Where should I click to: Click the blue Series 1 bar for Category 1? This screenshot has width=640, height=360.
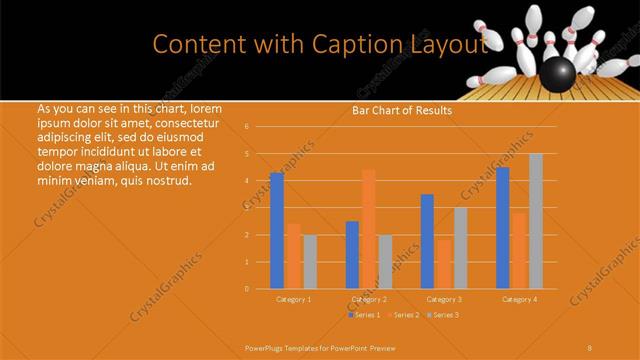tap(277, 231)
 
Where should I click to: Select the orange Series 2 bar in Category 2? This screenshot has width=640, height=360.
tap(369, 229)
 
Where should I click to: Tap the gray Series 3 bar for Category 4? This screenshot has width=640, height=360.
tap(536, 221)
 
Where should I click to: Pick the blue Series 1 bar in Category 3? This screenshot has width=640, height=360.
tap(427, 241)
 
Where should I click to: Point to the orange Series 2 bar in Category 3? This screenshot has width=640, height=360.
tap(443, 264)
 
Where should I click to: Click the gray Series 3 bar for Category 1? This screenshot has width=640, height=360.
tap(310, 262)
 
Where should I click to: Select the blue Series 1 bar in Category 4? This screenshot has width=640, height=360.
tap(502, 228)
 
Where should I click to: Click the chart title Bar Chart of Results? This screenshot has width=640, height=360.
tap(402, 110)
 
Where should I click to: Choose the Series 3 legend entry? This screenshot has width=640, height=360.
tap(445, 315)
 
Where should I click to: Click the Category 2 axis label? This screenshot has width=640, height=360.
tap(368, 299)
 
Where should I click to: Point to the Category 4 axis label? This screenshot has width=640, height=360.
tap(519, 299)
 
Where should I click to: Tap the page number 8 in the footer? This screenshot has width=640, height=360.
tap(590, 346)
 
